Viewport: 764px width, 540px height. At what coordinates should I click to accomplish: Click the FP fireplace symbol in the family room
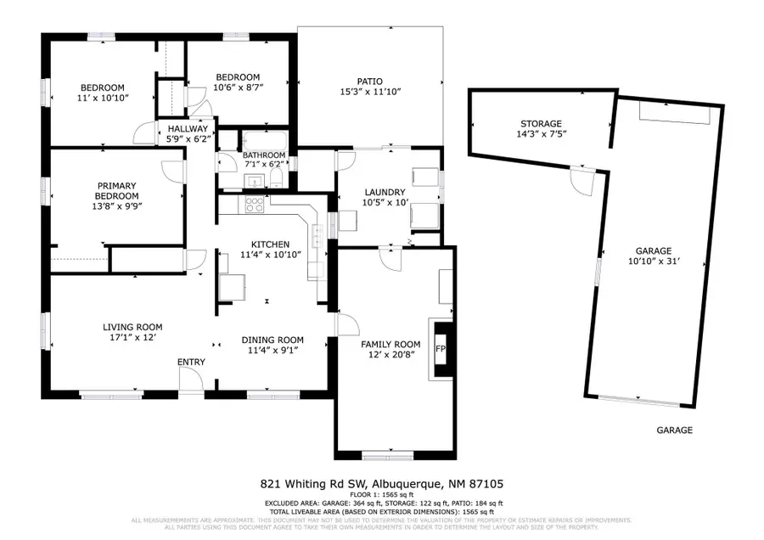(x=441, y=349)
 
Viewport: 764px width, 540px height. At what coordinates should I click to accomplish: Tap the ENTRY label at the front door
(x=191, y=363)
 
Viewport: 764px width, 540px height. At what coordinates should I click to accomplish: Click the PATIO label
(x=370, y=81)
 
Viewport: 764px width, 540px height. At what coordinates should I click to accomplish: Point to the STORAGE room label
(x=542, y=124)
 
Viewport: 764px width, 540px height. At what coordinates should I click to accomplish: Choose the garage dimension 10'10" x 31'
(x=654, y=262)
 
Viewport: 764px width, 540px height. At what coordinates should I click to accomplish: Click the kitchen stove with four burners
(x=254, y=204)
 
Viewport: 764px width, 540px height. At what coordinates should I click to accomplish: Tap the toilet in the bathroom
(x=278, y=177)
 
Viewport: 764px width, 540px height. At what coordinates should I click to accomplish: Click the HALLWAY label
(x=188, y=128)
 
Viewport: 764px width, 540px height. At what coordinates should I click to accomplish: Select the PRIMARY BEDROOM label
(x=117, y=190)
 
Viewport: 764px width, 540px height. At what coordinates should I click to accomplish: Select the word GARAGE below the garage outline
(x=674, y=430)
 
